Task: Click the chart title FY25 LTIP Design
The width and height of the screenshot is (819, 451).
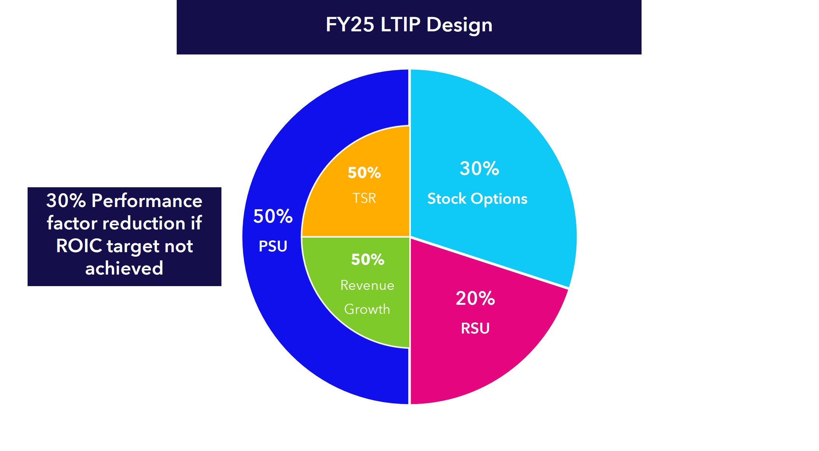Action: [x=409, y=25]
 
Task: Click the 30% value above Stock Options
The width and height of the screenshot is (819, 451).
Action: [x=479, y=168]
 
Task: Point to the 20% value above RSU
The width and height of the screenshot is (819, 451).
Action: [x=475, y=298]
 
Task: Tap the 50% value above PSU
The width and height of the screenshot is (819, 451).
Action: [x=273, y=216]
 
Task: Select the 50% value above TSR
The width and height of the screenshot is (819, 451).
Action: [x=364, y=173]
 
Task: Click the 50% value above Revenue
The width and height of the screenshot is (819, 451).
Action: [x=368, y=260]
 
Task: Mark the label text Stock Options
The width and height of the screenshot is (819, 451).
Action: [x=477, y=198]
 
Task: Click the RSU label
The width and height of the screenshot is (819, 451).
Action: [x=475, y=328]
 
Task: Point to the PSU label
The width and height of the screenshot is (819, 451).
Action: [x=273, y=246]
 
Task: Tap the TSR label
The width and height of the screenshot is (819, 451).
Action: [x=364, y=198]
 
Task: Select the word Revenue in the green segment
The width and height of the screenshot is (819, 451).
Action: [x=367, y=285]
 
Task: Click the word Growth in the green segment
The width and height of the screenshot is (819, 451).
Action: [x=367, y=309]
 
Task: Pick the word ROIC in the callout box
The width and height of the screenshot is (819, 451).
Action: [x=79, y=246]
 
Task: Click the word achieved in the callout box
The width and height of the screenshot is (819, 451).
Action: [x=124, y=268]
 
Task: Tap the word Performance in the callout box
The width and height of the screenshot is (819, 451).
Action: [x=147, y=201]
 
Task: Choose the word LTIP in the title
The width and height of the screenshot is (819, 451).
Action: [x=400, y=25]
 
